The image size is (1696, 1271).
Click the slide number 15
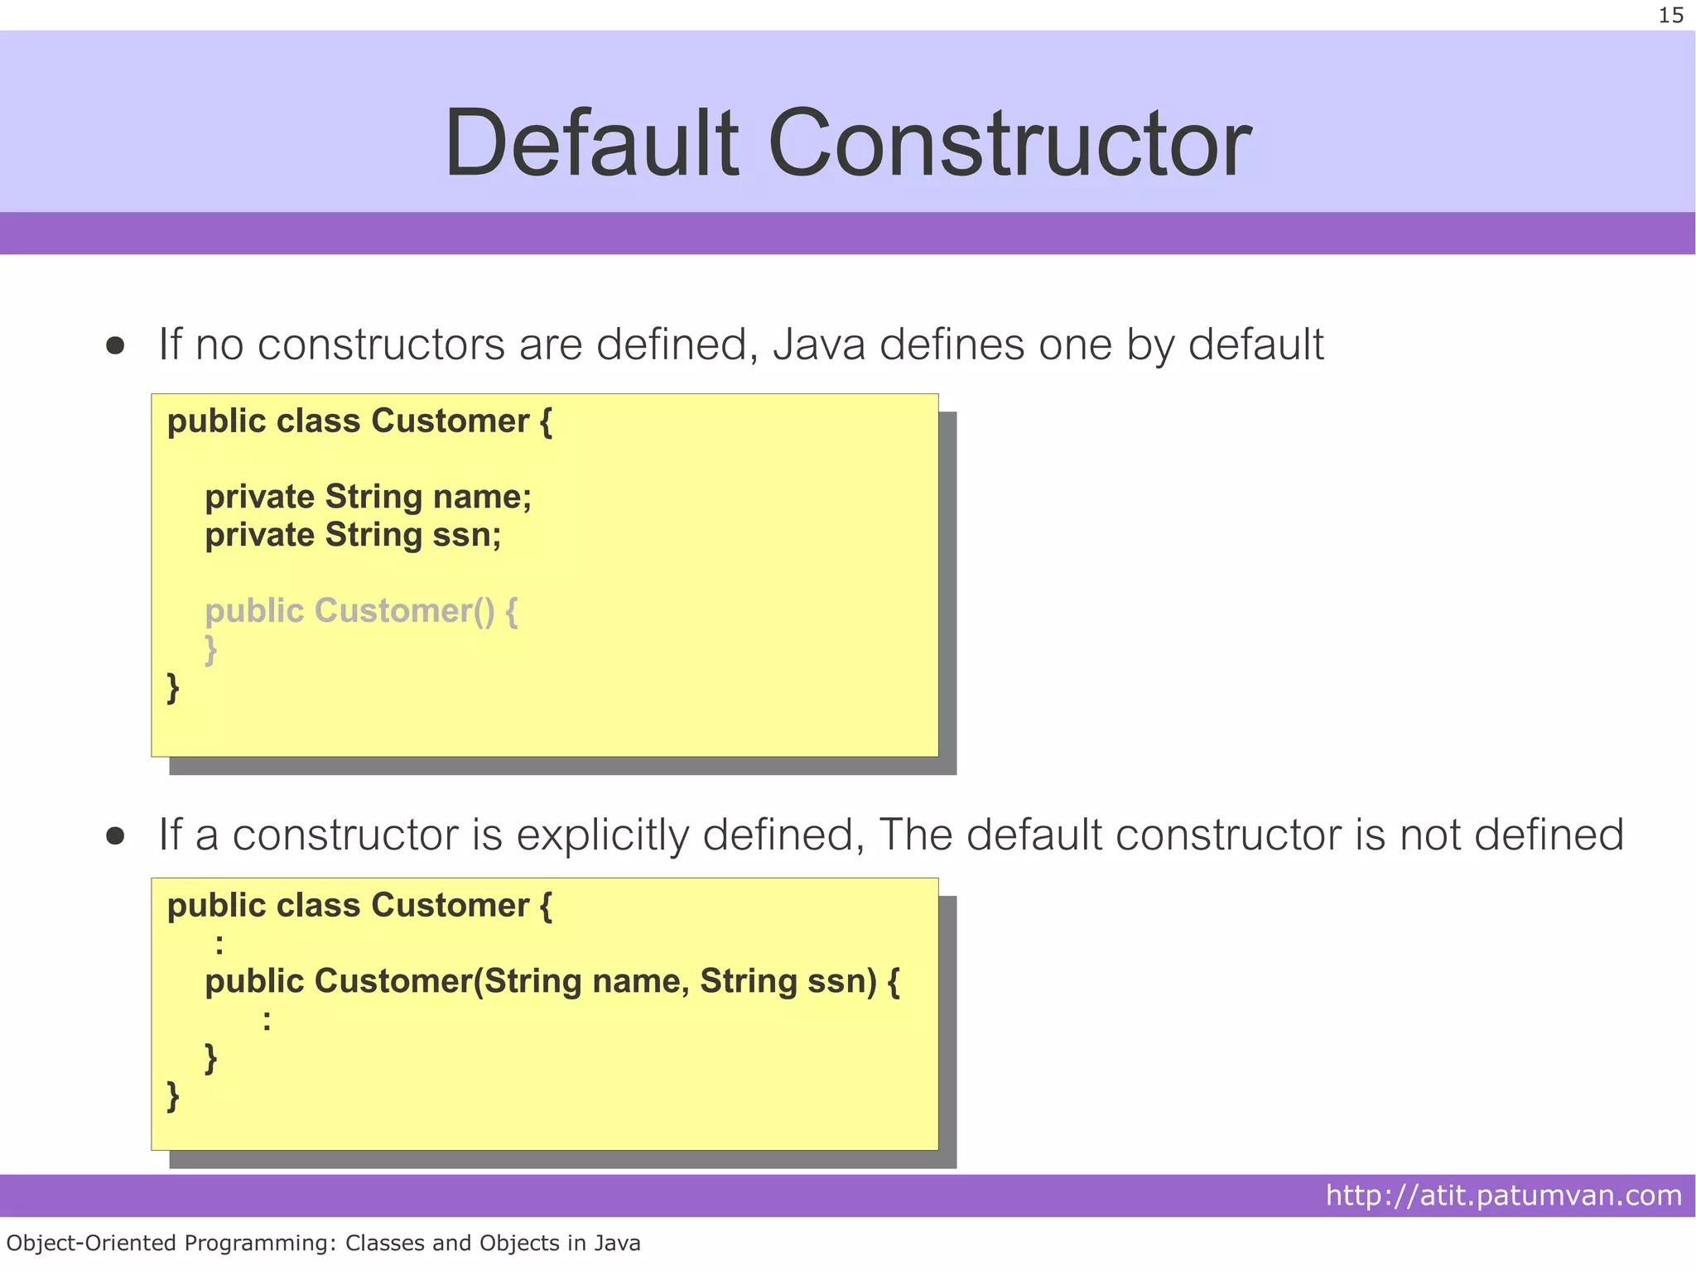1670,16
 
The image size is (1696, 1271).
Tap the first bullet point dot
115,345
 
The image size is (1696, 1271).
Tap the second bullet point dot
115,836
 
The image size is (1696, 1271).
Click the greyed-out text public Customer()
350,611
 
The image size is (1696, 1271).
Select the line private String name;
368,497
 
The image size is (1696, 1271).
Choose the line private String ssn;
353,535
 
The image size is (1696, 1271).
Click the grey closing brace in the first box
211,650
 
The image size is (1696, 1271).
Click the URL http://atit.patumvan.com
1503,1195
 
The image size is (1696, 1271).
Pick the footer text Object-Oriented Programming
171,1243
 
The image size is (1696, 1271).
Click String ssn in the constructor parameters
788,981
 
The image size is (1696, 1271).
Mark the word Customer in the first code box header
450,421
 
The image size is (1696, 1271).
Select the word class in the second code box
318,906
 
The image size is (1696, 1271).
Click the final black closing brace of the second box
173,1096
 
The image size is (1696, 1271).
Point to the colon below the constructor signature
267,1021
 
